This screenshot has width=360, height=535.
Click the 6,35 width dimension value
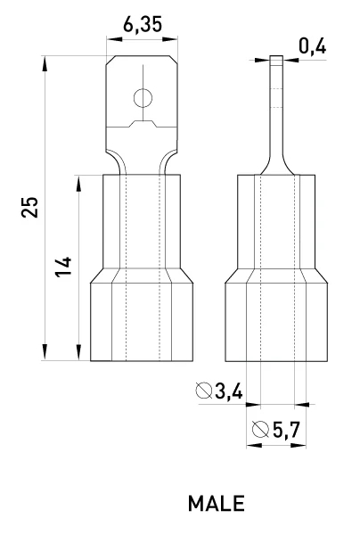click(143, 25)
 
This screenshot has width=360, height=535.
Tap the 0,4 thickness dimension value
click(312, 46)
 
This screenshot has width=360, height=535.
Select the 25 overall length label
click(30, 207)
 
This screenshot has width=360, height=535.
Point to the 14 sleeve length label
click(64, 267)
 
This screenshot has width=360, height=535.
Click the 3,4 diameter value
click(229, 391)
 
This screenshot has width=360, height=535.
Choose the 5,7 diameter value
click(286, 430)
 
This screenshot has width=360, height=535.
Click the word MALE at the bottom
click(217, 503)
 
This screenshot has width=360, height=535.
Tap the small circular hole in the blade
click(143, 98)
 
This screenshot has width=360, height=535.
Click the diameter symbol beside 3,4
click(204, 391)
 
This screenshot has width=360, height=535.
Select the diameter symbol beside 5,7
click(260, 429)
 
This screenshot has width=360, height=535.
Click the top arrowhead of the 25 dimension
click(45, 64)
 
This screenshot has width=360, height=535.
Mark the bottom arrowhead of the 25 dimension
click(45, 352)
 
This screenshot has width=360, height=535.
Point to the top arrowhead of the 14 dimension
click(78, 183)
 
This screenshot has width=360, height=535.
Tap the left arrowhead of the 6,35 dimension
click(115, 39)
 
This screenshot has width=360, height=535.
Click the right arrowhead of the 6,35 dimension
click(170, 39)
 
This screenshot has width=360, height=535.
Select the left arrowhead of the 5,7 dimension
click(254, 445)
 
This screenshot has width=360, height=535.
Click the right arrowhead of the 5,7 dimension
click(299, 445)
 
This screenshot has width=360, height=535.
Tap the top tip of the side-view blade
click(276, 56)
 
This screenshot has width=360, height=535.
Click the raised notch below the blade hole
click(143, 124)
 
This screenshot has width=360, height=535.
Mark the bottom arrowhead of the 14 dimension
click(78, 352)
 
